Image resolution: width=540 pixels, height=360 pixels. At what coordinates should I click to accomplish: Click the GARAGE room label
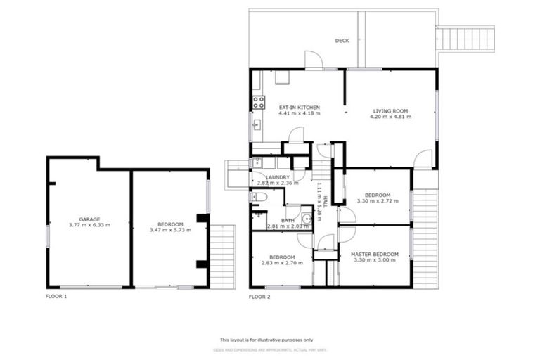89,219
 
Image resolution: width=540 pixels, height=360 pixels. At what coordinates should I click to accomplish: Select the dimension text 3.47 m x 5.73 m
170,230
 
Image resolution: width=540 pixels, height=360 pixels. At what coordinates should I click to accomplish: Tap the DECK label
342,41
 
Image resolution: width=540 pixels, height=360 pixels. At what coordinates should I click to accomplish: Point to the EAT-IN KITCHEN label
300,107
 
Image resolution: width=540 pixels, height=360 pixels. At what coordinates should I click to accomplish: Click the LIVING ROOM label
390,110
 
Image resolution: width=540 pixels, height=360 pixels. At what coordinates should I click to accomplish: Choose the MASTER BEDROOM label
374,254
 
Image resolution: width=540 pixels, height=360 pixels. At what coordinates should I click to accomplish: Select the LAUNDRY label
272,177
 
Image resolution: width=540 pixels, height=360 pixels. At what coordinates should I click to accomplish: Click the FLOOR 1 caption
56,297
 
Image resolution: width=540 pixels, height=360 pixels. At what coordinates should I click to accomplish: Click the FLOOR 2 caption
259,297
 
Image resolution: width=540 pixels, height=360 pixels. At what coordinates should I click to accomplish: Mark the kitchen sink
257,127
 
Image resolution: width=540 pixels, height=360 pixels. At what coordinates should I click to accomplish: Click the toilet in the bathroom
258,198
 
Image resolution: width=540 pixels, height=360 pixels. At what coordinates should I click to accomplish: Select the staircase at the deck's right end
465,38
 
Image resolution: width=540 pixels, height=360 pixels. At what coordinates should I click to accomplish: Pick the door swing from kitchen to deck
313,60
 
